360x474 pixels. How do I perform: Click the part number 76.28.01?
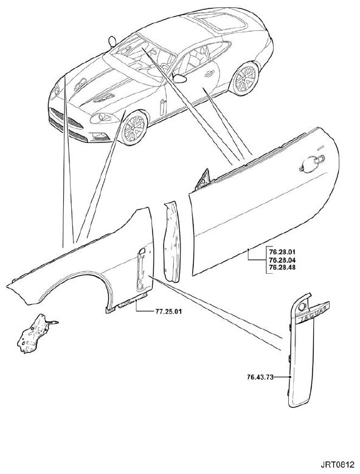(282, 252)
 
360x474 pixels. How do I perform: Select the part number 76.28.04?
(282, 260)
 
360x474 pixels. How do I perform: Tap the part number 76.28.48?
(282, 267)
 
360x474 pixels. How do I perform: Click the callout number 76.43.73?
(260, 377)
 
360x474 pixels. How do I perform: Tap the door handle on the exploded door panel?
(312, 164)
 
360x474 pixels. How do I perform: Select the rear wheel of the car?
(244, 78)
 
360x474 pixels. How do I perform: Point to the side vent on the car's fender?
(163, 106)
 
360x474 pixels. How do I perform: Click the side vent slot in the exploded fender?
(140, 267)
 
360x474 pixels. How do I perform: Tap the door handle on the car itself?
(210, 74)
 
